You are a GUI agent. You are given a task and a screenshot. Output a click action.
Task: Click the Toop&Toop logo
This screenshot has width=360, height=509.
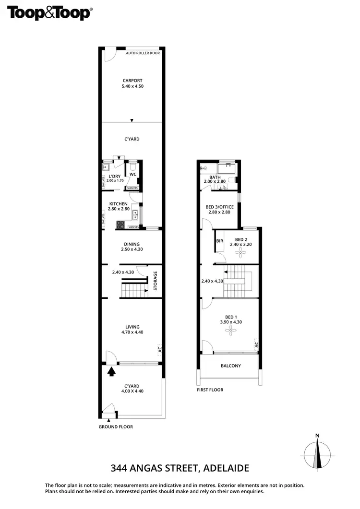click(49, 13)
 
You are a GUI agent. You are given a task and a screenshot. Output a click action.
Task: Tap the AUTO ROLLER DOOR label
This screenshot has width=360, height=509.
click(143, 53)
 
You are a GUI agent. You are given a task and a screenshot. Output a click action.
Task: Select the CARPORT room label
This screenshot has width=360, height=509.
click(132, 81)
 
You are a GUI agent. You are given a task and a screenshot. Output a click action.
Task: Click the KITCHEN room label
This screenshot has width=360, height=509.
click(118, 204)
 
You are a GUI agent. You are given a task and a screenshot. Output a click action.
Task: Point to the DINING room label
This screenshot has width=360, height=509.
click(132, 244)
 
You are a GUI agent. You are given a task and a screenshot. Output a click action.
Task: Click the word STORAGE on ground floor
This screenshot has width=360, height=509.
click(155, 282)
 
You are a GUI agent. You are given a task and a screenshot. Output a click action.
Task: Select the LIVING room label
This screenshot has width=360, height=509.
click(132, 327)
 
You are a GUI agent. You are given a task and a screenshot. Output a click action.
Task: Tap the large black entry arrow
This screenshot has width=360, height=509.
click(112, 370)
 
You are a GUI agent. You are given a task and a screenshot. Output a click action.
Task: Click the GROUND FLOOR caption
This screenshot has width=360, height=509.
click(116, 426)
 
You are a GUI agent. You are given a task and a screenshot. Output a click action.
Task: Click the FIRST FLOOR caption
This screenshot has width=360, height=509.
click(210, 390)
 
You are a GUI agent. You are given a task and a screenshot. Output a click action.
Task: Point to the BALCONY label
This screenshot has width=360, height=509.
click(230, 366)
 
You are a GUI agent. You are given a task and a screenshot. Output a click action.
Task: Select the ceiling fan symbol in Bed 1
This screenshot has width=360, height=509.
click(230, 330)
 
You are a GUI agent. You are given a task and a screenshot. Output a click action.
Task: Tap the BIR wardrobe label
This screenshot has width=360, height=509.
click(220, 241)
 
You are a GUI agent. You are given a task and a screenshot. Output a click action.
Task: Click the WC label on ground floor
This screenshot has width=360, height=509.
click(133, 174)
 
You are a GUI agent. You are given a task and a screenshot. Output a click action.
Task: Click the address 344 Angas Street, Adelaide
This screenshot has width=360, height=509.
click(180, 468)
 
